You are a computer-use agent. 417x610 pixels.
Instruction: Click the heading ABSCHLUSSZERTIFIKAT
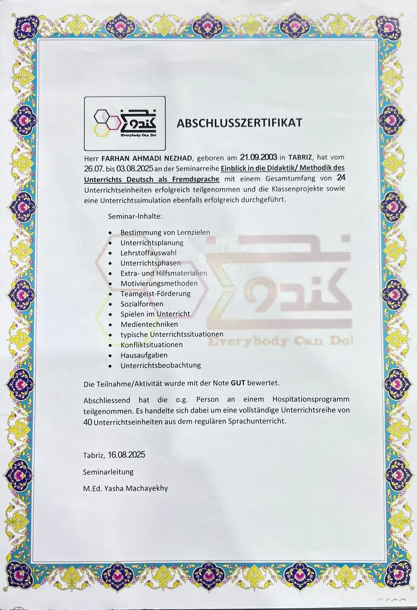pyautogui.click(x=239, y=122)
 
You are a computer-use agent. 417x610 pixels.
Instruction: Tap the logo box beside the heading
pyautogui.click(x=124, y=123)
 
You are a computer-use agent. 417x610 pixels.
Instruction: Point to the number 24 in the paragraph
pyautogui.click(x=341, y=178)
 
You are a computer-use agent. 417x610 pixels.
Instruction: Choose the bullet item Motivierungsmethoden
pyautogui.click(x=159, y=283)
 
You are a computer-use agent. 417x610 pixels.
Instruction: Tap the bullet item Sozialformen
pyautogui.click(x=142, y=304)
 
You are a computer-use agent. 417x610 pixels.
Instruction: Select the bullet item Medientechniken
pyautogui.click(x=149, y=324)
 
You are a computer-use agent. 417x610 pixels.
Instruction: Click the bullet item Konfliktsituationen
pyautogui.click(x=152, y=344)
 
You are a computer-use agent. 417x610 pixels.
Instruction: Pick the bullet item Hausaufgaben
pyautogui.click(x=144, y=355)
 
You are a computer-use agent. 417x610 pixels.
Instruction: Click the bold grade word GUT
pyautogui.click(x=238, y=383)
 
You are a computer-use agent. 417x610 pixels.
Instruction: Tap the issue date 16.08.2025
pyautogui.click(x=126, y=455)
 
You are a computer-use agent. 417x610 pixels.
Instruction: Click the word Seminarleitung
pyautogui.click(x=108, y=472)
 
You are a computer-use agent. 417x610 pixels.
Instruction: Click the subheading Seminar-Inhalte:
pyautogui.click(x=135, y=216)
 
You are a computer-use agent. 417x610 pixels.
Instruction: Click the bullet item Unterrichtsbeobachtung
pyautogui.click(x=161, y=365)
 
